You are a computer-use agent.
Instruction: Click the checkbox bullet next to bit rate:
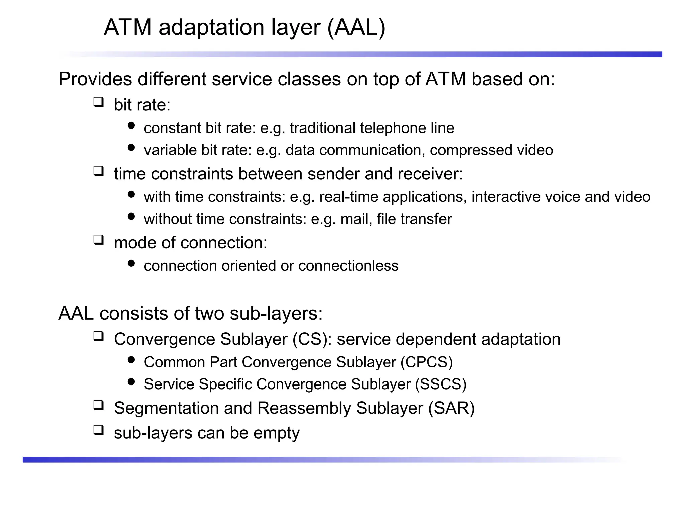click(98, 102)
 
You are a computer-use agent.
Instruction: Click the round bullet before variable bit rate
click(131, 148)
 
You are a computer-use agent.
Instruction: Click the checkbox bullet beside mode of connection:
click(98, 240)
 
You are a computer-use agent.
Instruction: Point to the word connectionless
click(348, 266)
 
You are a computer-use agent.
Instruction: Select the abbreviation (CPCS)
click(426, 362)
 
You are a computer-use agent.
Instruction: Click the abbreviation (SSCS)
click(441, 384)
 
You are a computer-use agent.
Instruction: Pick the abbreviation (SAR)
click(452, 408)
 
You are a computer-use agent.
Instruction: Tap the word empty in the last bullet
click(276, 433)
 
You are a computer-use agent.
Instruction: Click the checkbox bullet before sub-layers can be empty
click(98, 430)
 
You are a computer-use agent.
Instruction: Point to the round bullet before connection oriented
click(131, 263)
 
